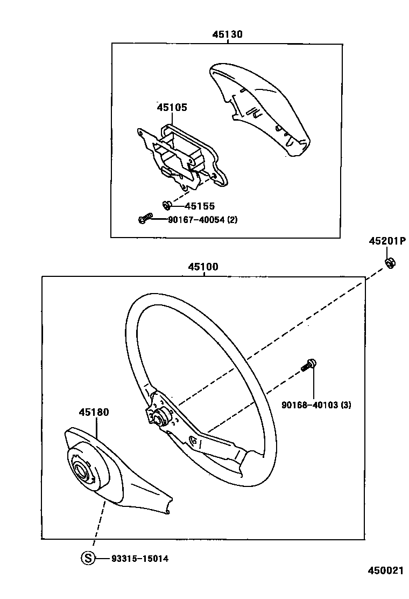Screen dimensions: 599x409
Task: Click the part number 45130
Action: [227, 34]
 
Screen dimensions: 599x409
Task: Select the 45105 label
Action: [172, 107]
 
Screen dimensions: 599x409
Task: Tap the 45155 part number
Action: [200, 206]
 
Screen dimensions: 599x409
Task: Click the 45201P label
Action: [387, 241]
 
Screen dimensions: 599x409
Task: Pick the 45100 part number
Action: [203, 267]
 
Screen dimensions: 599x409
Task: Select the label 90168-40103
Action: [309, 405]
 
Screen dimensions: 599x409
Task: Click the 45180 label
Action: [94, 412]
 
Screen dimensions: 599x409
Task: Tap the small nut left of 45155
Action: [167, 205]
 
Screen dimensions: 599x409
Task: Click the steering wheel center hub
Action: [159, 416]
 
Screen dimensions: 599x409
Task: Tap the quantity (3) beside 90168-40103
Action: [345, 405]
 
